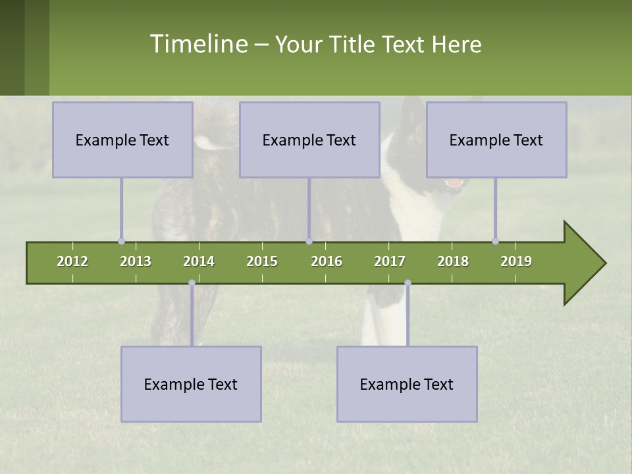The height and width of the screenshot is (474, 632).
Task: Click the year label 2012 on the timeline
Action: click(72, 261)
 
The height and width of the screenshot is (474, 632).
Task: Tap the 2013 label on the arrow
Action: click(136, 261)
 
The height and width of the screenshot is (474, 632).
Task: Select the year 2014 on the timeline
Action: click(199, 261)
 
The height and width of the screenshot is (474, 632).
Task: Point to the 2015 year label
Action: click(262, 261)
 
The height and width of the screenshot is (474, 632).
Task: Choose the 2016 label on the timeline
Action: click(327, 261)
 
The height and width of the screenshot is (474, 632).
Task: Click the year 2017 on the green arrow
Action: click(390, 261)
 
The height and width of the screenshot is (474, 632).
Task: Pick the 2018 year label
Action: click(453, 261)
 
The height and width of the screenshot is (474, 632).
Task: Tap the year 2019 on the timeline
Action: click(516, 261)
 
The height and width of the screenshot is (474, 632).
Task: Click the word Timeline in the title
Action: click(197, 44)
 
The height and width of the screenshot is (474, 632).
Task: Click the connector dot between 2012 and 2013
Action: click(121, 241)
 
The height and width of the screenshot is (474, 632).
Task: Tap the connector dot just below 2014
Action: click(192, 283)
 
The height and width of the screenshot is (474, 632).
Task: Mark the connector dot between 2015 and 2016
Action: click(309, 241)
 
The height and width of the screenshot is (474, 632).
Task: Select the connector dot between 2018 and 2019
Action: click(495, 241)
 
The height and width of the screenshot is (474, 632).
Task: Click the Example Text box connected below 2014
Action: click(191, 384)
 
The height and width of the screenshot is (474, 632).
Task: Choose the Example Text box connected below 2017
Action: click(407, 384)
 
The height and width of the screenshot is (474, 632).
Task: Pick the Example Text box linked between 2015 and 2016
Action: click(309, 140)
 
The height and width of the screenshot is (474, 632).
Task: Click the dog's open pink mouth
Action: click(454, 184)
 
